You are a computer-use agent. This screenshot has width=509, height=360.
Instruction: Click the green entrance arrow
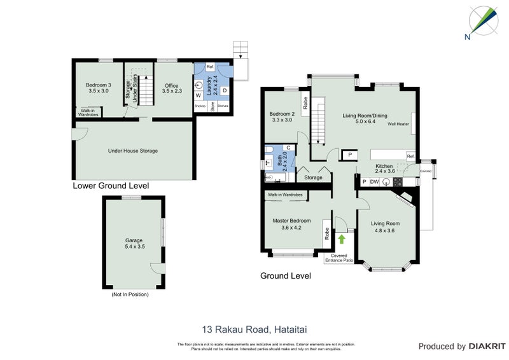pyautogui.click(x=342, y=239)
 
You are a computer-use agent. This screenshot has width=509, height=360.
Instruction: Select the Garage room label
pyautogui.click(x=134, y=243)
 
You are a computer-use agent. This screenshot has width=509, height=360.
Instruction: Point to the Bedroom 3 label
pyautogui.click(x=99, y=88)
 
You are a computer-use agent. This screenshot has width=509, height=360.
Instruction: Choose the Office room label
pyautogui.click(x=171, y=88)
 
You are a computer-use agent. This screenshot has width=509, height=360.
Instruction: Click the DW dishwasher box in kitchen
pyautogui.click(x=375, y=181)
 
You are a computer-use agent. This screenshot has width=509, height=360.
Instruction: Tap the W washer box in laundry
pyautogui.click(x=199, y=95)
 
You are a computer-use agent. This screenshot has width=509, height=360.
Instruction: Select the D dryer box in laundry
pyautogui.click(x=225, y=90)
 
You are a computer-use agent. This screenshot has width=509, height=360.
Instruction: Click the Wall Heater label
pyautogui.click(x=399, y=124)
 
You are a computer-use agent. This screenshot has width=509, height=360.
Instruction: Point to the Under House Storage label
pyautogui.click(x=133, y=151)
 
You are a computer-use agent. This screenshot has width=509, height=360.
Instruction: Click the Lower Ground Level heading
pyautogui.click(x=111, y=186)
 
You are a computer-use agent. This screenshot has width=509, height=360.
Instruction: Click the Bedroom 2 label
pyautogui.click(x=282, y=116)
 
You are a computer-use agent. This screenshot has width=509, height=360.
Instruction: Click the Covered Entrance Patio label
pyautogui.click(x=339, y=258)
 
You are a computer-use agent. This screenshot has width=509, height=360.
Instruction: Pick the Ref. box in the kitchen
pyautogui.click(x=410, y=156)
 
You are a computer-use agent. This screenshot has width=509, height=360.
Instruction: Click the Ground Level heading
pyautogui.click(x=285, y=276)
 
